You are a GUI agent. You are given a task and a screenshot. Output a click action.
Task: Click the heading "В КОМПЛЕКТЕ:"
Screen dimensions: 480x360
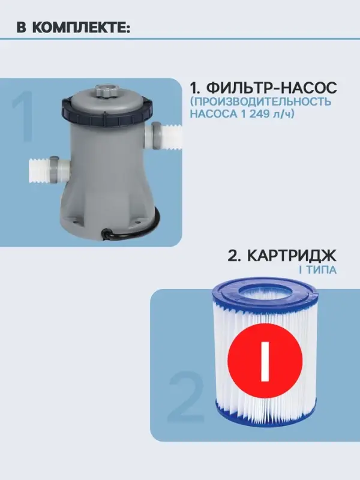[x=73, y=28]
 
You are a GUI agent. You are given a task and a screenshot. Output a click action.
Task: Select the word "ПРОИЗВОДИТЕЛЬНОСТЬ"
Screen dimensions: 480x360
[x=260, y=101]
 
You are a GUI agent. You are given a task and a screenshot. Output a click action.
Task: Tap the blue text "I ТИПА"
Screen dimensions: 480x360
[x=317, y=270]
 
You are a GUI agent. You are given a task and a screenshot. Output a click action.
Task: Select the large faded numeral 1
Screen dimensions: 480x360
[x=22, y=118]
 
